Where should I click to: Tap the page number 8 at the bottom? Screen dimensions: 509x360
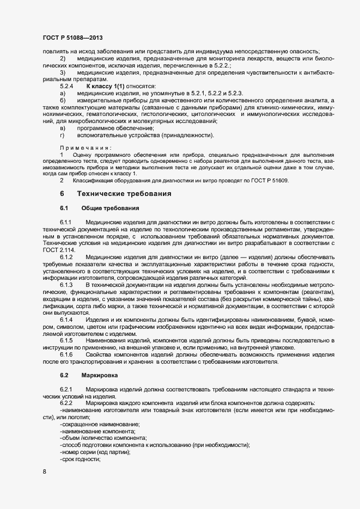(44, 472)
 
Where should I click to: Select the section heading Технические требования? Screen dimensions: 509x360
(125, 194)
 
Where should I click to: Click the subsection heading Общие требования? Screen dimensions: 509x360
(110, 208)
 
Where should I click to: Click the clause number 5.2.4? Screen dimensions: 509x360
(66, 87)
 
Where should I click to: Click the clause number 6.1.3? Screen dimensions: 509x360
(66, 285)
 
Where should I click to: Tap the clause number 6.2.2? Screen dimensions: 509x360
(66, 403)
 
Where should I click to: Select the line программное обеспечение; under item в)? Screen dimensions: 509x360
(108, 128)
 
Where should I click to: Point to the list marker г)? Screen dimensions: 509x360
(63, 136)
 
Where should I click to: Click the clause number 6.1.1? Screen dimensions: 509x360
(66, 223)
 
